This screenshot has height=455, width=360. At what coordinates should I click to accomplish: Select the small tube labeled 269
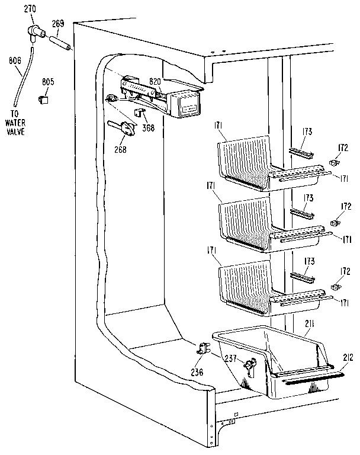(62, 44)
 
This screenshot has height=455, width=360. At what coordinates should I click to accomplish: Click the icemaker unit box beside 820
(184, 105)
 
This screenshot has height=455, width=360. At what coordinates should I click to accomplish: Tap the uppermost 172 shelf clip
(336, 162)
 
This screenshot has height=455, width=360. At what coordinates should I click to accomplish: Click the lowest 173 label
(309, 261)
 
